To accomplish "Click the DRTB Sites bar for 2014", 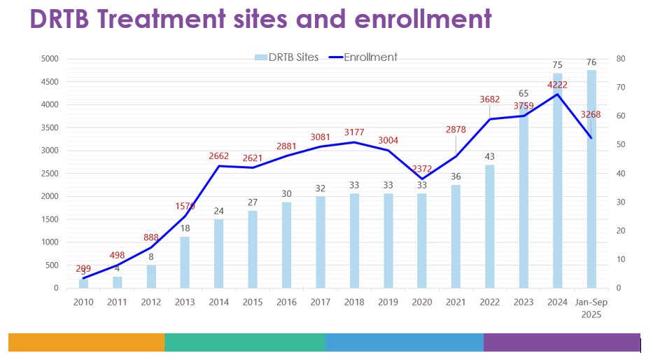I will point(219,254).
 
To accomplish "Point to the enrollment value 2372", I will point(422,168).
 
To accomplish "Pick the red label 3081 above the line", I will point(321,137).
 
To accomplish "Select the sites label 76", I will point(591,60).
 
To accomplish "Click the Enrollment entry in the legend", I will point(370,57).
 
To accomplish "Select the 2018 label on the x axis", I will point(355,302).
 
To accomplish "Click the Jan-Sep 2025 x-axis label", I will point(591,307).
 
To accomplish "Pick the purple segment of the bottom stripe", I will point(561,342).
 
